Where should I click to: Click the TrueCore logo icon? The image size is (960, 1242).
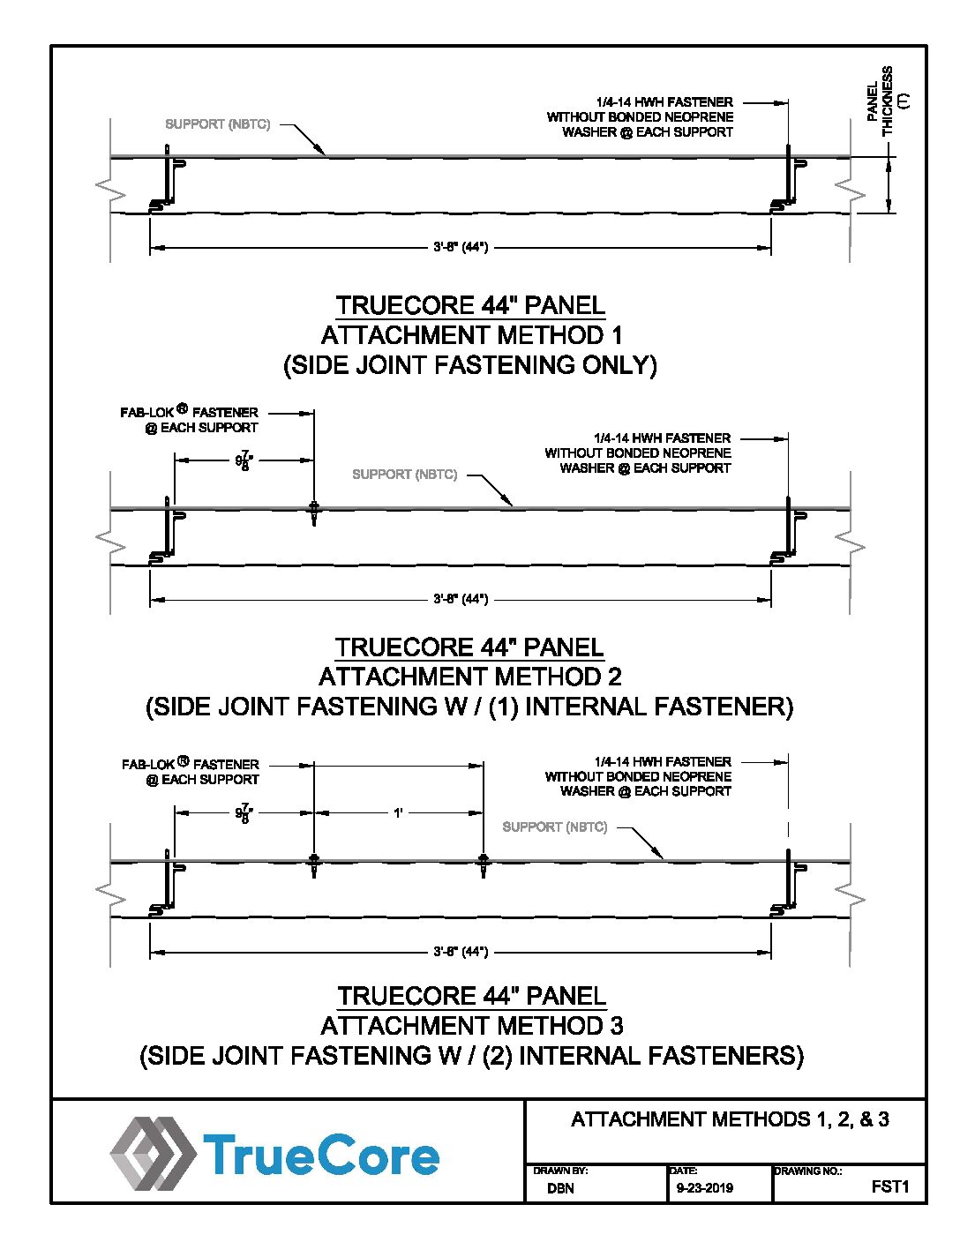153,1152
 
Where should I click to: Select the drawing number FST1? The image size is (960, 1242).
889,1186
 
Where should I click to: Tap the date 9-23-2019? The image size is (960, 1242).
704,1188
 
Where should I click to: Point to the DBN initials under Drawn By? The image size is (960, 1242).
560,1188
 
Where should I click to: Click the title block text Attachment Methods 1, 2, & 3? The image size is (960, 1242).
730,1119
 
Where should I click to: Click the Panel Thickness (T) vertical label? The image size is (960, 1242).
889,100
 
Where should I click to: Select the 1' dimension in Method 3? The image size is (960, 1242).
398,812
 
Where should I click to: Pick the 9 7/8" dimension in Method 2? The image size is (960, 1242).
244,461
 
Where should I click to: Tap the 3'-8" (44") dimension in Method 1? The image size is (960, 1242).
461,247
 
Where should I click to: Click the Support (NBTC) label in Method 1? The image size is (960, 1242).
217,124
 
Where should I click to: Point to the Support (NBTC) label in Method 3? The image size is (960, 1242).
554,827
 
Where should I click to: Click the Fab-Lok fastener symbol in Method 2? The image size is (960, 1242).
313,512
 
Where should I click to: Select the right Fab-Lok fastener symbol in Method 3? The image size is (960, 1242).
483,863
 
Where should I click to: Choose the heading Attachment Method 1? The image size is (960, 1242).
471,335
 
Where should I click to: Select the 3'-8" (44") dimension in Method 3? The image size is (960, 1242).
461,952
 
